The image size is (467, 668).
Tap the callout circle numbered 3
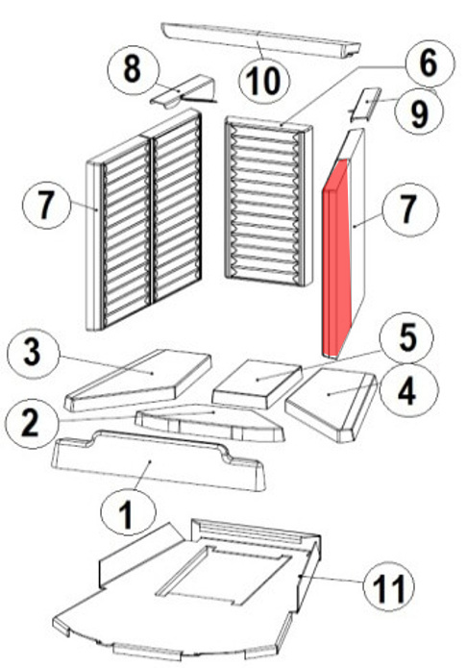click(x=34, y=352)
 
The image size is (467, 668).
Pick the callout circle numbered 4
click(x=407, y=391)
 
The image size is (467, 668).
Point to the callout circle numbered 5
click(x=407, y=337)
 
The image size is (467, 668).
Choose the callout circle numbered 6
click(x=429, y=62)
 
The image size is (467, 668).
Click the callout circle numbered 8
click(x=133, y=69)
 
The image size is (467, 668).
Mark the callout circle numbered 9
click(x=420, y=112)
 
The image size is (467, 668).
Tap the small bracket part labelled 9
click(x=364, y=105)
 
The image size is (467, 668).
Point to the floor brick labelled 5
click(x=257, y=383)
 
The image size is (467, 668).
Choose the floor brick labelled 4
click(x=332, y=404)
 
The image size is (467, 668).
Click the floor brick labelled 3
click(x=138, y=379)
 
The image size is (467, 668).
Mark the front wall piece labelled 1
click(x=159, y=460)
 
